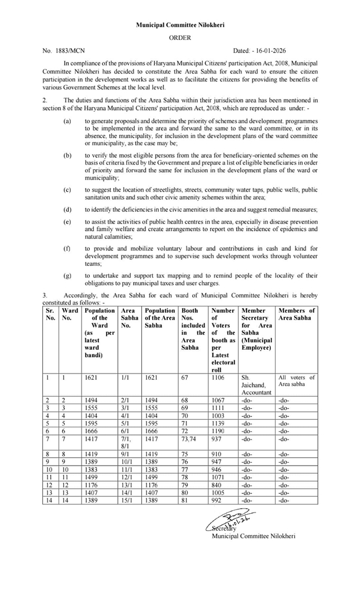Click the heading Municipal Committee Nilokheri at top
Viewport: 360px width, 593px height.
(180, 25)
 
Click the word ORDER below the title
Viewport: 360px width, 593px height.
(180, 38)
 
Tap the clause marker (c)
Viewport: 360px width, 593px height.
(68, 189)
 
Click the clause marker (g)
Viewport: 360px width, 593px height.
(68, 275)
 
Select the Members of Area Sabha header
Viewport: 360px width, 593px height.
(297, 314)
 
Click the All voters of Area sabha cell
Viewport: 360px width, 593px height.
(296, 380)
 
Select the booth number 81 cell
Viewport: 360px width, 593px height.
(185, 499)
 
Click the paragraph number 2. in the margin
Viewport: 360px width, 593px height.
(45, 100)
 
